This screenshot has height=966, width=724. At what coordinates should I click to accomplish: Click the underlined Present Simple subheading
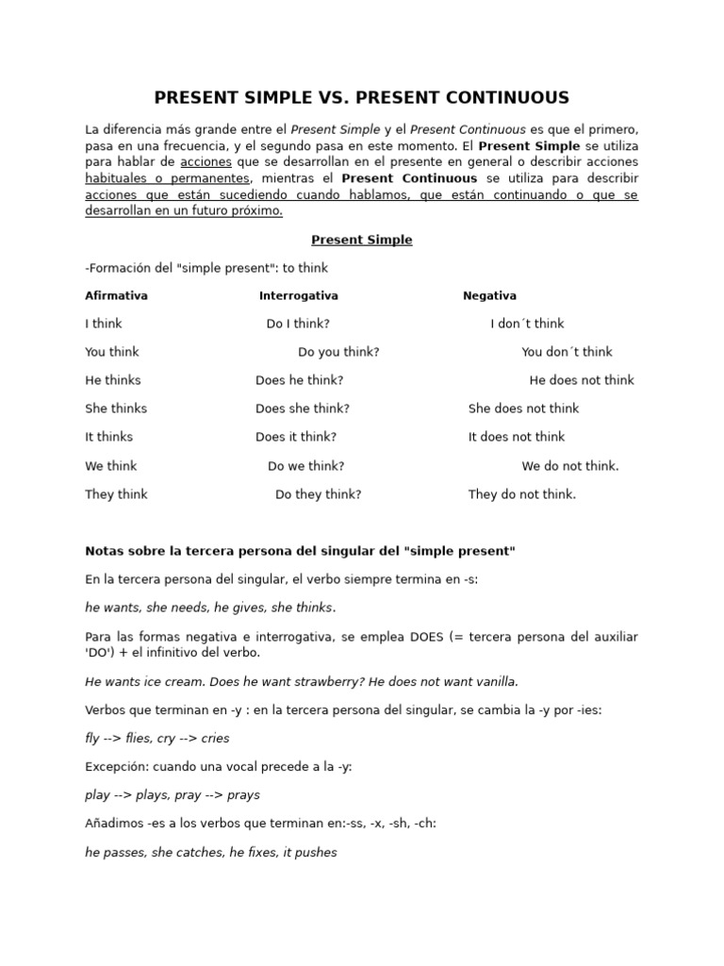[362, 240]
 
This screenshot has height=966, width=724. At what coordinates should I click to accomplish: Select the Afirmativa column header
[116, 295]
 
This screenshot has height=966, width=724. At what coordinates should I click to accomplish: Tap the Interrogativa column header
[298, 295]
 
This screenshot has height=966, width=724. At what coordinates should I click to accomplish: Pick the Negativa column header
[489, 295]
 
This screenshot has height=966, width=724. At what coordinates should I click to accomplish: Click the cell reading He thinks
[113, 380]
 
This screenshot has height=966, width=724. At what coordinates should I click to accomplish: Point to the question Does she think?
[302, 408]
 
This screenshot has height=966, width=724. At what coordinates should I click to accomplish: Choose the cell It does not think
[517, 437]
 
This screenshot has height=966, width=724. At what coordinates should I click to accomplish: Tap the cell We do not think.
[570, 466]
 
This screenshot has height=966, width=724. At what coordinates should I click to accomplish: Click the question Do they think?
[318, 494]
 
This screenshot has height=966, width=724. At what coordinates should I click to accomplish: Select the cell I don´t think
[527, 324]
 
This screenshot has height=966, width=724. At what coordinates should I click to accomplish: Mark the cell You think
[111, 352]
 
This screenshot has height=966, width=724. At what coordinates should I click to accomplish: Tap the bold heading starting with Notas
[300, 551]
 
